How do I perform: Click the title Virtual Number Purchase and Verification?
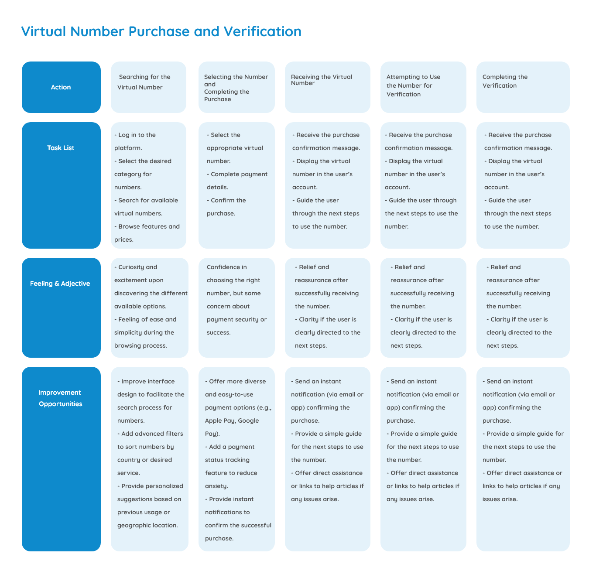[161, 31]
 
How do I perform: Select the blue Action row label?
[61, 87]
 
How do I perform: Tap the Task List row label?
[61, 148]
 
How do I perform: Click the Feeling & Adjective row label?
[60, 284]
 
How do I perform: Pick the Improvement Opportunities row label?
[60, 398]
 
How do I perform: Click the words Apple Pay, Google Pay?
[232, 427]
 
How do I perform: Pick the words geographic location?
[147, 525]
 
